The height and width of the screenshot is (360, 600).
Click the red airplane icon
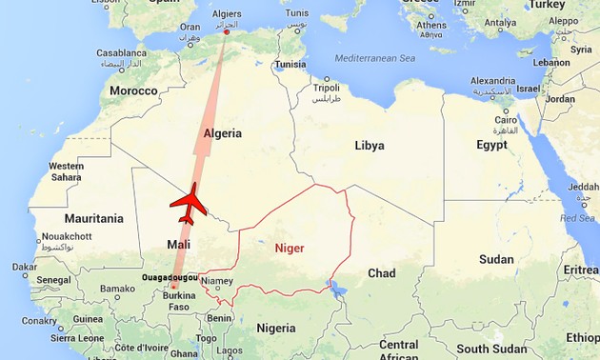click(x=188, y=203)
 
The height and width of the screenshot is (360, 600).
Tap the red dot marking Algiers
click(x=226, y=32)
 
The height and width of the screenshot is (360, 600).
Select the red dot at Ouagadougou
click(x=174, y=286)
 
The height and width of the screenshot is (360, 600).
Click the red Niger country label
click(x=290, y=248)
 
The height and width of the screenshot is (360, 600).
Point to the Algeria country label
click(x=224, y=133)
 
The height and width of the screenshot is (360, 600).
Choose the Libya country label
click(x=370, y=146)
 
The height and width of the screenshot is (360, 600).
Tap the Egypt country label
click(x=492, y=145)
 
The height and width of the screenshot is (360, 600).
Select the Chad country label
click(x=381, y=273)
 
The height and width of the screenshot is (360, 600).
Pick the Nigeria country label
click(x=276, y=328)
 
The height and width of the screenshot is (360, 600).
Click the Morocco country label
click(x=132, y=90)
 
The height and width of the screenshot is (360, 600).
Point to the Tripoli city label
click(x=327, y=88)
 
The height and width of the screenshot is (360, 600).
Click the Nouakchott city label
click(x=67, y=236)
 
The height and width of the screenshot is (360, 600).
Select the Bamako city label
click(x=117, y=288)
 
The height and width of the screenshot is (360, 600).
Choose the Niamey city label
click(x=217, y=281)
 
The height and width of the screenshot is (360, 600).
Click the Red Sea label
click(x=577, y=218)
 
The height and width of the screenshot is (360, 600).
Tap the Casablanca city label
click(x=121, y=53)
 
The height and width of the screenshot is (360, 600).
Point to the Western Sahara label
click(x=66, y=171)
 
